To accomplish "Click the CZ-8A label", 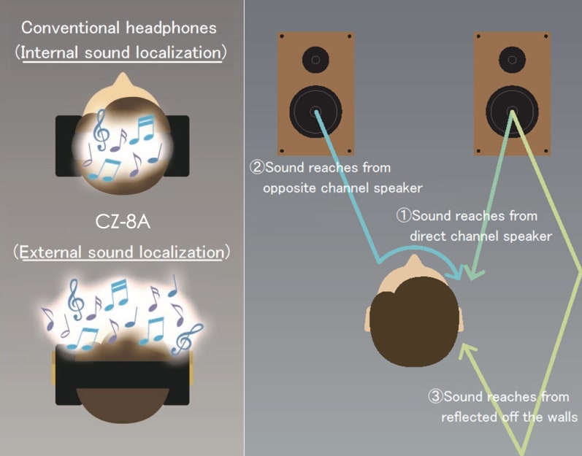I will click(122, 220).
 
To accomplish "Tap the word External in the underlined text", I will click(50, 253).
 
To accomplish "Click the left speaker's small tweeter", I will click(315, 58).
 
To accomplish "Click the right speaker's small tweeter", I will click(510, 58).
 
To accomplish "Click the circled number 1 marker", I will click(403, 216).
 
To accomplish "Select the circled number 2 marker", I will click(256, 167).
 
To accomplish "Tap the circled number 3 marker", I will click(434, 398).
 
